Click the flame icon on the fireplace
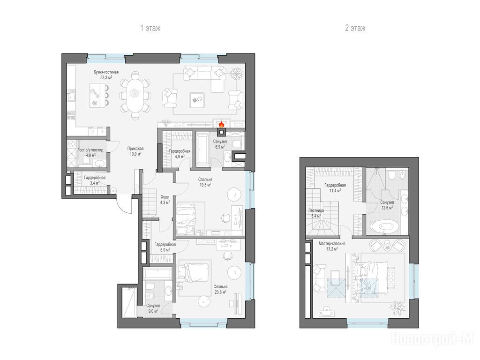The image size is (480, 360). pos(221,124)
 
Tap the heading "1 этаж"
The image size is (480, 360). pos(150,28)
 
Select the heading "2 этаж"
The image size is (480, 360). pos(355,28)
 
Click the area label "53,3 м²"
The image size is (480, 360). pos(106,77)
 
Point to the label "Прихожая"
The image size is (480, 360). pos(135,149)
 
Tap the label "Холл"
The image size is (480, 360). pos(165,197)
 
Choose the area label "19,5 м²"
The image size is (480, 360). pos(205,185)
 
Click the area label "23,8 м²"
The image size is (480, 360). pos(220,292)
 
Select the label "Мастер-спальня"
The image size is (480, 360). pos(332,244)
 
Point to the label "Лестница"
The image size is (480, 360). pos(316,210)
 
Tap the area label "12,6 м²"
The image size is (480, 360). pos(387,208)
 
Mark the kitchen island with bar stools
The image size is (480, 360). pos(99,95)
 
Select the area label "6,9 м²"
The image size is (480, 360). pos(220,147)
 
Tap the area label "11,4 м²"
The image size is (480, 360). pos(335,190)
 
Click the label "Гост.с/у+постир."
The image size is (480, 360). pos(90,150)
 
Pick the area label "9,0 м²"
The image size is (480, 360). pos(153,311)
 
